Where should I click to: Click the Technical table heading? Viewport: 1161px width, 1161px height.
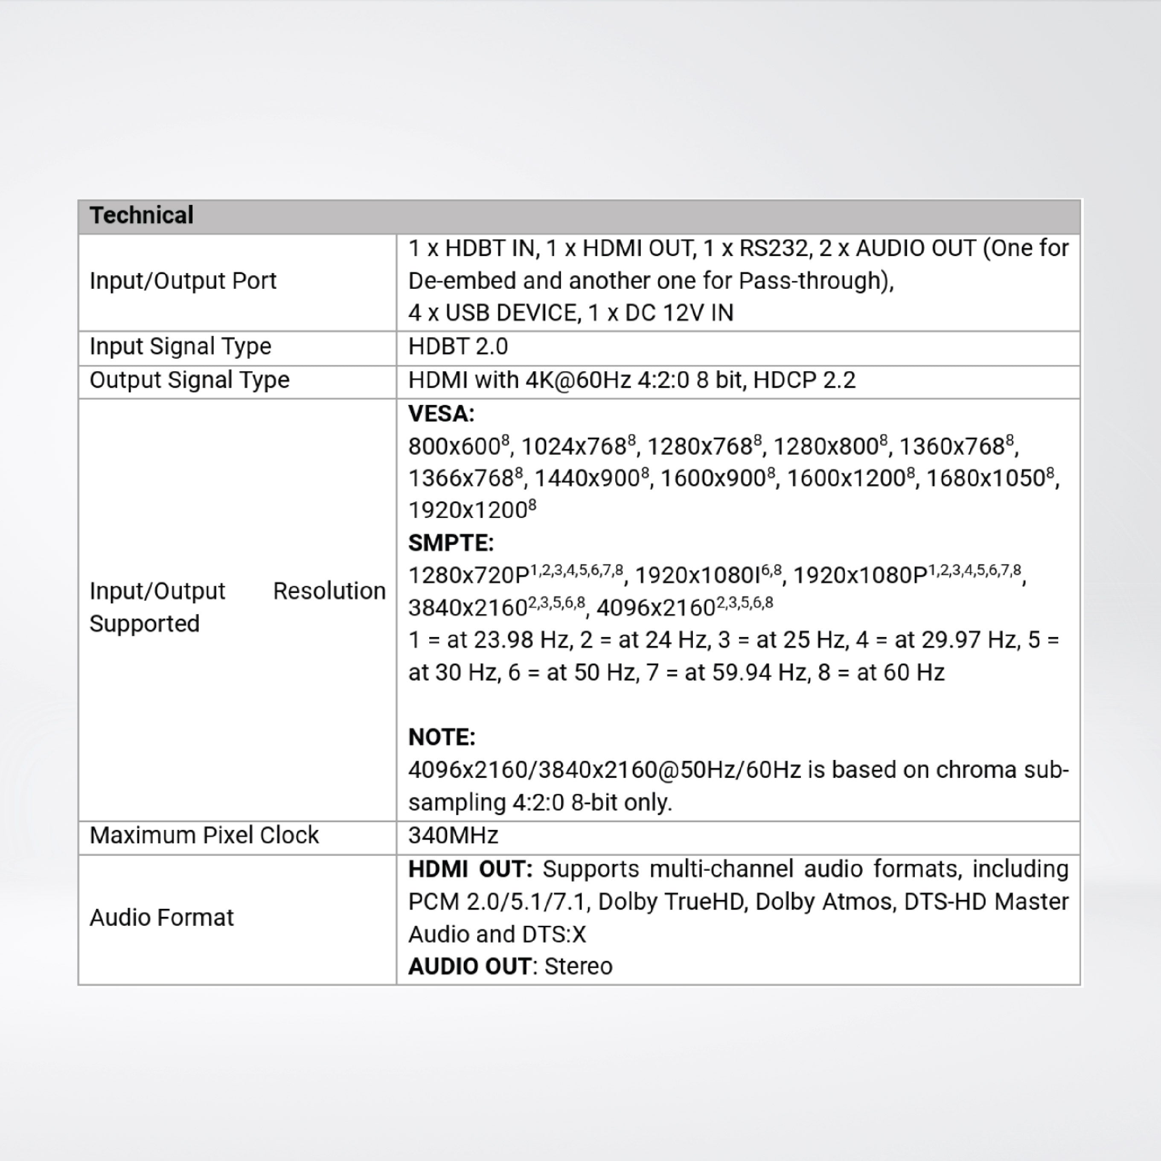point(141,215)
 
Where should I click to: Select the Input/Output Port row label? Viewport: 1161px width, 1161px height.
point(183,281)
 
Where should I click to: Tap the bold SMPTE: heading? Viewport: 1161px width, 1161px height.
point(451,543)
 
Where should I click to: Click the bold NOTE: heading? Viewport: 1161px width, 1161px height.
point(442,737)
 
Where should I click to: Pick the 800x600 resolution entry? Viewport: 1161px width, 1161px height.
point(455,446)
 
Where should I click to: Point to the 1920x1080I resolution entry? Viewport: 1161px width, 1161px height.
point(697,576)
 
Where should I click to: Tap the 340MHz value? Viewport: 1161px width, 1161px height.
point(453,835)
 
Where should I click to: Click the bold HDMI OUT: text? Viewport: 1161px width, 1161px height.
point(470,869)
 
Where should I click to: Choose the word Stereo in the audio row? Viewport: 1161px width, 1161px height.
point(578,966)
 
